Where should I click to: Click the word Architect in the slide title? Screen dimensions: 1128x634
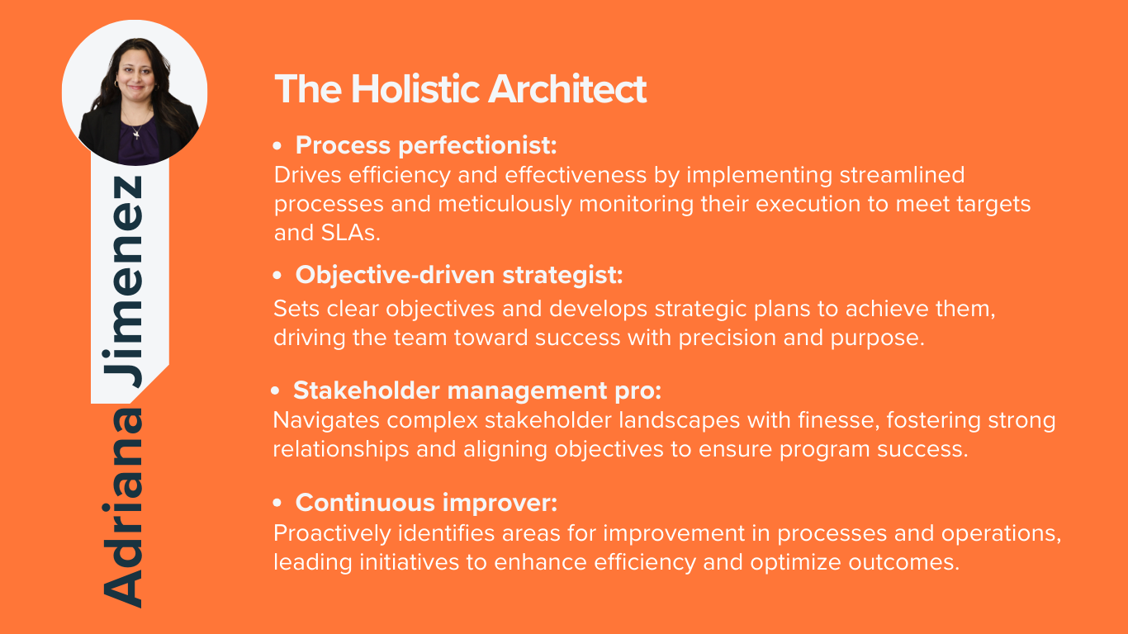567,89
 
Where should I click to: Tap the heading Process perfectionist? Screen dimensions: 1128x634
426,145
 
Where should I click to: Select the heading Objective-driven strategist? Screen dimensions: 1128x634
459,276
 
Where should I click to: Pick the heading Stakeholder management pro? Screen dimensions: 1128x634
477,390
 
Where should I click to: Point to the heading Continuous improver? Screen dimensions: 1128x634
427,503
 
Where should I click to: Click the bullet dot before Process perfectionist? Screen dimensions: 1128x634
277,146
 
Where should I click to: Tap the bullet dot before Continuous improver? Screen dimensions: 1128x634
277,503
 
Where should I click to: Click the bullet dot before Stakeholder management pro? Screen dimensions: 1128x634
275,390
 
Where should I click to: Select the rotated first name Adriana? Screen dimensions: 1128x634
122,509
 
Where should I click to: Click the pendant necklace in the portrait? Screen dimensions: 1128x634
136,134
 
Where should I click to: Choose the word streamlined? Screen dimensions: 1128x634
902,175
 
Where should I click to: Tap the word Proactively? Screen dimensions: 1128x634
332,534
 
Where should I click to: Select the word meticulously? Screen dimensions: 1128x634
505,205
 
